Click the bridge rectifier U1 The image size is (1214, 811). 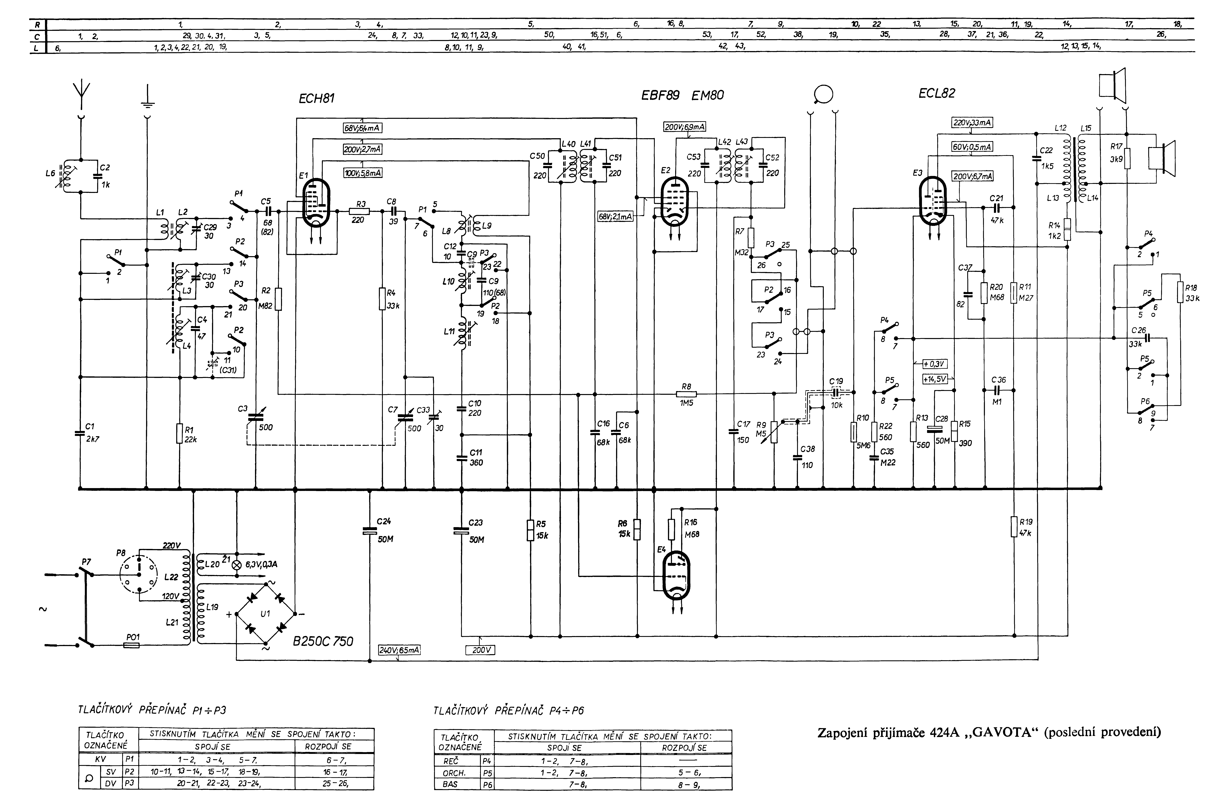pos(265,614)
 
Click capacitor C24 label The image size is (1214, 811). pos(384,522)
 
